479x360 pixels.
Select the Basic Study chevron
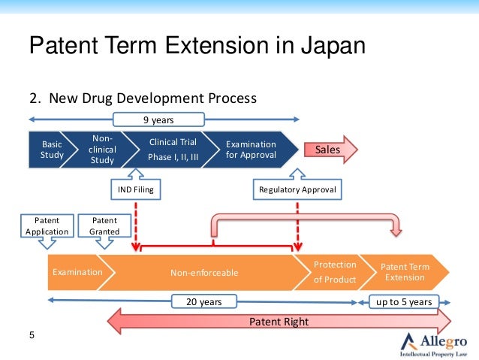51,150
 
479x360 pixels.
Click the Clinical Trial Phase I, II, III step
173,150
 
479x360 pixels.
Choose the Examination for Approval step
251,150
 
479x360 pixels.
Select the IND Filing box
136,190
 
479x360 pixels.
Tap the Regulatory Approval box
297,190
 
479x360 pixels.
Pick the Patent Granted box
104,225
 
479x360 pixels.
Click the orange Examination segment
77,272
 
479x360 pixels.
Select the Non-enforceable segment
204,272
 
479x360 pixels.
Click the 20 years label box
203,302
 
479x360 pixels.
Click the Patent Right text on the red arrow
279,322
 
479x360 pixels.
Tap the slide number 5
32,335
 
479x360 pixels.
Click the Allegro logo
434,343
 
